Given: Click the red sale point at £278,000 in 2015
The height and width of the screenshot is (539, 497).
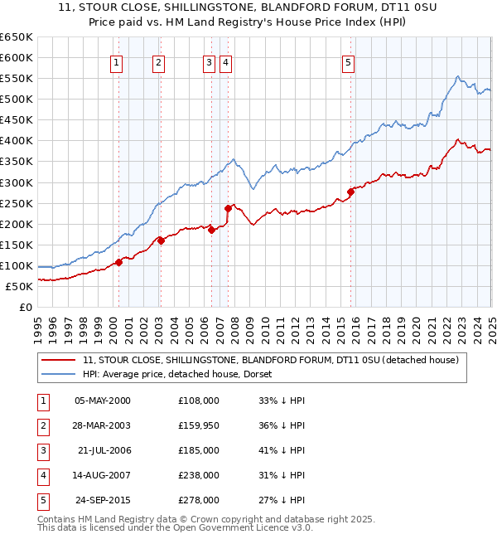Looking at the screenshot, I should [350, 192].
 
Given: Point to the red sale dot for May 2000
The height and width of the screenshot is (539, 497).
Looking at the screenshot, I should [118, 262].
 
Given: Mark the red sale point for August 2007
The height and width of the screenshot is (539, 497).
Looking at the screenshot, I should [228, 208].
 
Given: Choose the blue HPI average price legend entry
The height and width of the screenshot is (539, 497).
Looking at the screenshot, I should [182, 375].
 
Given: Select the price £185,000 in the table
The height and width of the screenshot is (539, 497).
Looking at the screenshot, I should [198, 451].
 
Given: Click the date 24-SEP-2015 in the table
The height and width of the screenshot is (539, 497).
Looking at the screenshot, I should [103, 501].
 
